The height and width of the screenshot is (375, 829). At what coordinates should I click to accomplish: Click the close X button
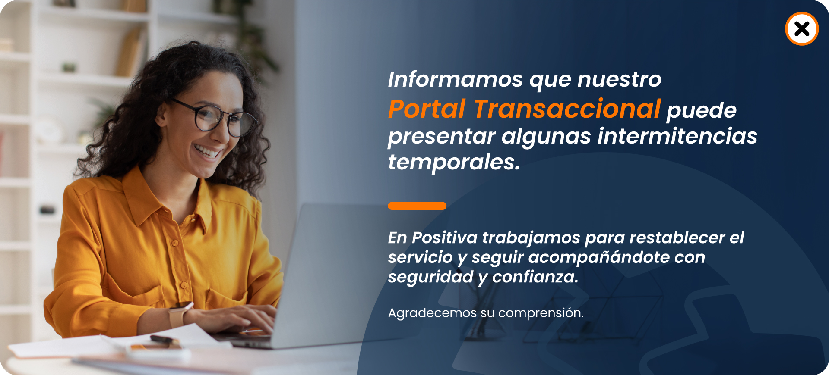point(802,29)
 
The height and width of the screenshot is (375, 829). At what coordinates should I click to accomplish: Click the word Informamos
point(455,79)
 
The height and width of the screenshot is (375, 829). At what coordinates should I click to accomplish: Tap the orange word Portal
point(427,109)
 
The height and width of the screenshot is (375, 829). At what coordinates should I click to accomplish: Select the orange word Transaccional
point(567,109)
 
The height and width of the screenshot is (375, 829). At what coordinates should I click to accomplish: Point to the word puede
point(702,111)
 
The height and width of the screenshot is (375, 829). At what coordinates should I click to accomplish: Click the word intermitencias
point(677,136)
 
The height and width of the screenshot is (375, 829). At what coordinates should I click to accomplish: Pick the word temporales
point(453,162)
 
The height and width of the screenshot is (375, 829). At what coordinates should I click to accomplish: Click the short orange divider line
point(417,206)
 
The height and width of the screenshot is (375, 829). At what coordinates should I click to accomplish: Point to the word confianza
point(535,277)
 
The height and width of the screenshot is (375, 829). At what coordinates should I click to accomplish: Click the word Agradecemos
point(432,313)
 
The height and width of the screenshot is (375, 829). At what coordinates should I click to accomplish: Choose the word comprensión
point(541,313)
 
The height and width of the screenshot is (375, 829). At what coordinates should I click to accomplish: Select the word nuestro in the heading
point(620,79)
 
